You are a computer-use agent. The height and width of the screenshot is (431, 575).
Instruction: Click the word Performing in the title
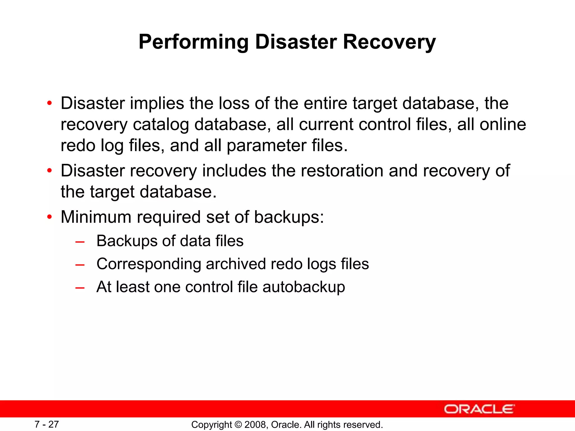193,42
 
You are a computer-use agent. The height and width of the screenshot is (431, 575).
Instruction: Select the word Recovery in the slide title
389,42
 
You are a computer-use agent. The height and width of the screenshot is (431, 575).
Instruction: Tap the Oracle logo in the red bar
479,409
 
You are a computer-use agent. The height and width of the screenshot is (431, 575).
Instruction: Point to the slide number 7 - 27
47,424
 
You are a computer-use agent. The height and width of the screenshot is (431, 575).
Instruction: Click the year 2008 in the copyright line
254,425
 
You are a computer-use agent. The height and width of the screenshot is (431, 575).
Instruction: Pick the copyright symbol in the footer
238,425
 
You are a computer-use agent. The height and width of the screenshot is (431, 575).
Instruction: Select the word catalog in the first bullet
161,125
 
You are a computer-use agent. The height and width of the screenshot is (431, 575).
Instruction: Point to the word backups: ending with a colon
289,217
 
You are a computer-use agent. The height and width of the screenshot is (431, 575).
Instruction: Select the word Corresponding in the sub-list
149,264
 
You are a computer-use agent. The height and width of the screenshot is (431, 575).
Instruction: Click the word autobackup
304,287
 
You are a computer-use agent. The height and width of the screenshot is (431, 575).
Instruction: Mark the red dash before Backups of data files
80,242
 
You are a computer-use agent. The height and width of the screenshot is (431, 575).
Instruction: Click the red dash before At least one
80,288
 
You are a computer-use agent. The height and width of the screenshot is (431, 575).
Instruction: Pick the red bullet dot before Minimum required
50,217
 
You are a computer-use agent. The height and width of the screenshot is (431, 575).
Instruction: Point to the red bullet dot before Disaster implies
50,103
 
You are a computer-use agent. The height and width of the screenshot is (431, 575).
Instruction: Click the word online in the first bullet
503,124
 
